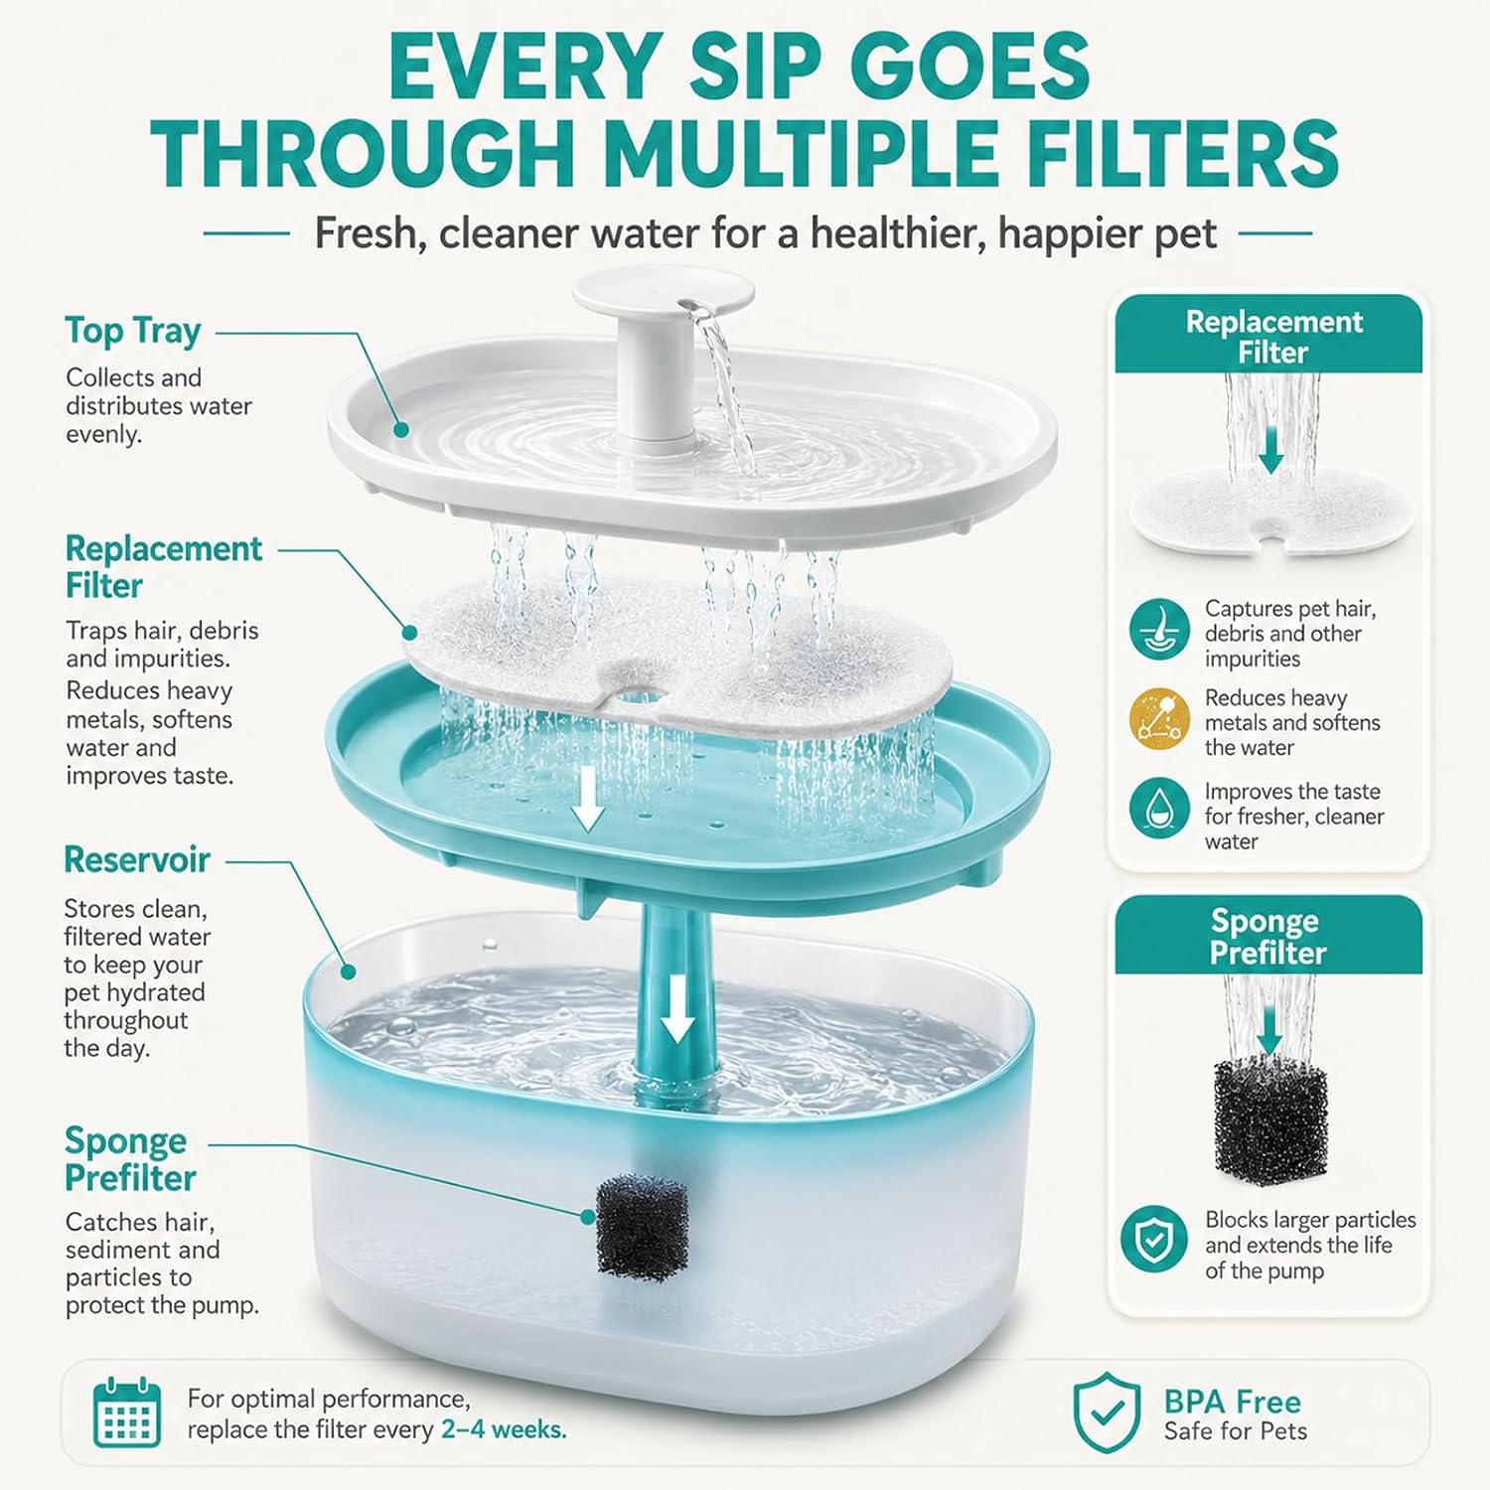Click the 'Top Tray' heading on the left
133,331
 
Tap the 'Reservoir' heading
137,859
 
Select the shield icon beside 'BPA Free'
1107,1413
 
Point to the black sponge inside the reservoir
641,1227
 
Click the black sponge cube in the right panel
1269,1120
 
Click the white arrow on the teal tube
677,1008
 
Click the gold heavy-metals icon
1159,719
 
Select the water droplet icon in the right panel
1159,807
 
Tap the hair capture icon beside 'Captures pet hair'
1159,630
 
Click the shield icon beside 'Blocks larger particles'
1153,1239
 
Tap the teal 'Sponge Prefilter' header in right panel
1268,936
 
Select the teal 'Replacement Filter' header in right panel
1268,335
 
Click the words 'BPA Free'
1232,1402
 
